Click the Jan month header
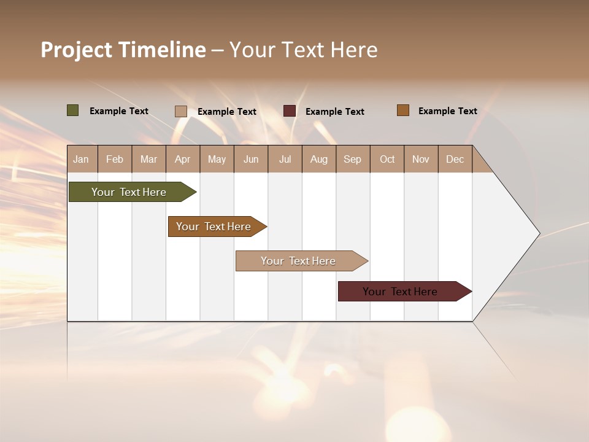pos(82,159)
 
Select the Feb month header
pos(115,159)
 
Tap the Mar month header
pos(148,159)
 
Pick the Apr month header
pos(183,159)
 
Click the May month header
pos(217,159)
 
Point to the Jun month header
pos(251,159)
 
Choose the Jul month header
pos(285,159)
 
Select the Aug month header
pos(319,159)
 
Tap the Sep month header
pos(353,159)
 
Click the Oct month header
pos(387,159)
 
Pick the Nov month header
pos(421,159)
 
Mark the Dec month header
pos(455,159)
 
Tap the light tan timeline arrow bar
pos(299,261)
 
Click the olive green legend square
pos(73,110)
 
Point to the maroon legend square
pos(290,111)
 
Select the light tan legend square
pos(181,111)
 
